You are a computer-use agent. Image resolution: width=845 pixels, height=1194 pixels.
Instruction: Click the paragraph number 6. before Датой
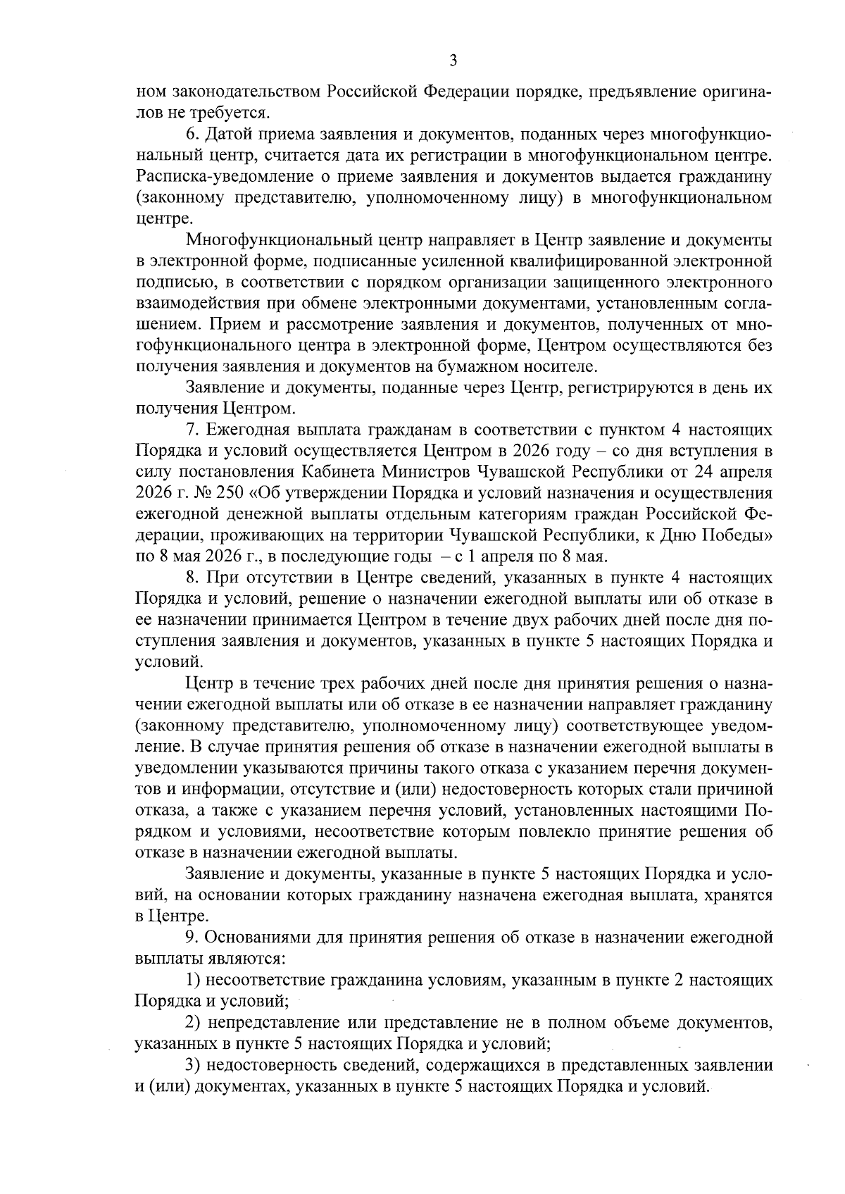pyautogui.click(x=192, y=134)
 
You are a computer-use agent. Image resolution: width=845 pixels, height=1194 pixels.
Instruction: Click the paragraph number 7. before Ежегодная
pyautogui.click(x=192, y=430)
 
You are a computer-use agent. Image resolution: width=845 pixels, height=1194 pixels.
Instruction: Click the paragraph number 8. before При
pyautogui.click(x=192, y=578)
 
